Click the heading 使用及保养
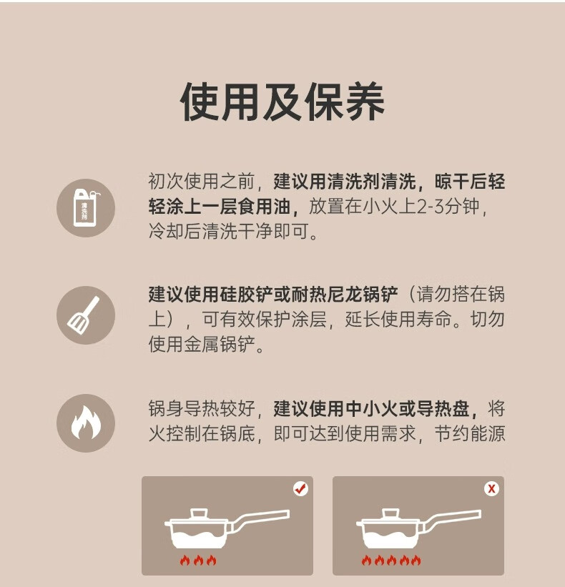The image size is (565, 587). pyautogui.click(x=282, y=102)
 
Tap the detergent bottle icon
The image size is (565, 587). pyautogui.click(x=86, y=208)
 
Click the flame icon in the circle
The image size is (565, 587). pyautogui.click(x=86, y=423)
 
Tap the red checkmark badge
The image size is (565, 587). pyautogui.click(x=300, y=488)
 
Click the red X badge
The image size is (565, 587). pyautogui.click(x=491, y=488)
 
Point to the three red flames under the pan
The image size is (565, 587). pyautogui.click(x=198, y=560)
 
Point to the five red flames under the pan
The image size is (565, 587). pyautogui.click(x=391, y=560)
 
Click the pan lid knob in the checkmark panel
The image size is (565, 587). pyautogui.click(x=199, y=513)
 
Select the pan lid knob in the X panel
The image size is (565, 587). pyautogui.click(x=390, y=513)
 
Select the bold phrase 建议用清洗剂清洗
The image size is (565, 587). pyautogui.click(x=345, y=182)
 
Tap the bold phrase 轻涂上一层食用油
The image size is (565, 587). pyautogui.click(x=220, y=207)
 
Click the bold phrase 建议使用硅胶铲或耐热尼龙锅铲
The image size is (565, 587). pyautogui.click(x=273, y=295)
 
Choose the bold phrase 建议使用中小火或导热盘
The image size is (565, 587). pyautogui.click(x=371, y=408)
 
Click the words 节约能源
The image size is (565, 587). pyautogui.click(x=470, y=433)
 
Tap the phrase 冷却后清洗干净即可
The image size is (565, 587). pyautogui.click(x=228, y=231)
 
